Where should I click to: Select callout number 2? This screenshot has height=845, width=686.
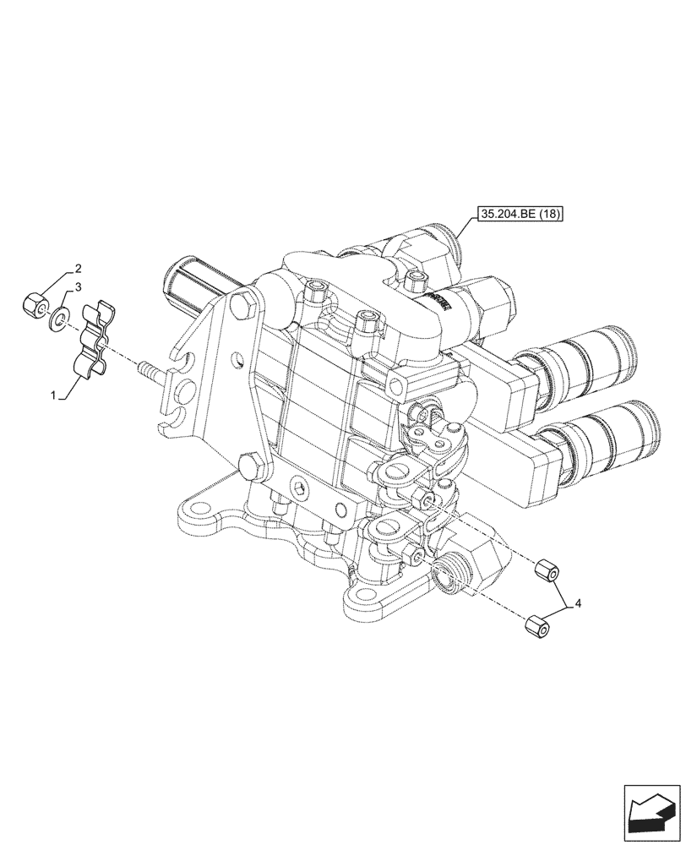click(78, 270)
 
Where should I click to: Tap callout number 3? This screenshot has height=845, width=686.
click(78, 287)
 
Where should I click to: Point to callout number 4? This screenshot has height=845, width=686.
click(578, 602)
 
